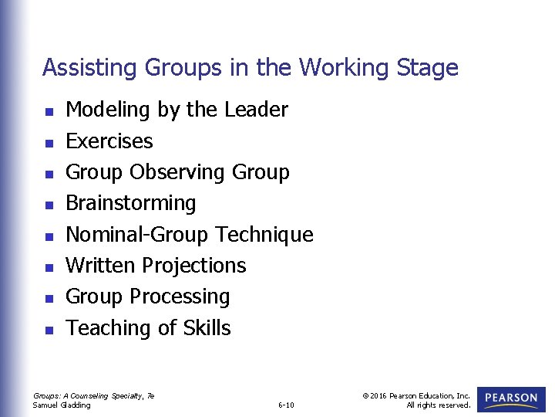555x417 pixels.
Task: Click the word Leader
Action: click(x=256, y=110)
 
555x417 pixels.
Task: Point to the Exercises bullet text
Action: click(x=109, y=141)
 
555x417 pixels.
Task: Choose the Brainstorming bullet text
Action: click(x=131, y=203)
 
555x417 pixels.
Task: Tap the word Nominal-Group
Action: click(x=138, y=235)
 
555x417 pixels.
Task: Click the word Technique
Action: click(x=264, y=234)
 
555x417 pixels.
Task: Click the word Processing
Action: click(x=180, y=297)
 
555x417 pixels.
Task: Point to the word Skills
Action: click(x=207, y=327)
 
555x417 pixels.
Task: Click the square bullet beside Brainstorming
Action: click(x=49, y=205)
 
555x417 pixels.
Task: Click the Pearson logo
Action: click(x=511, y=399)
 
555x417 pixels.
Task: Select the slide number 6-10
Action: click(x=285, y=405)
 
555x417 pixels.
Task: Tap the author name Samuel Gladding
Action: click(x=62, y=405)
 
